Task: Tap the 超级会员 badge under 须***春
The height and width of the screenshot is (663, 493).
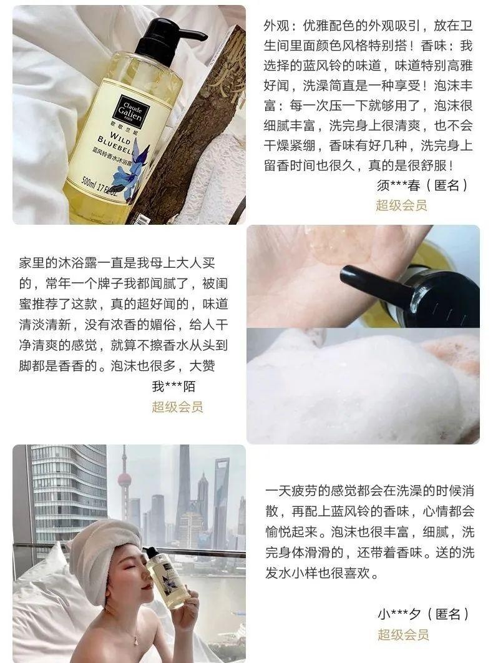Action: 401,205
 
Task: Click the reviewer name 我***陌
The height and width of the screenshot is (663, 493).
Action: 173,386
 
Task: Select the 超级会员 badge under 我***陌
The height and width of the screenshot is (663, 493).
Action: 177,407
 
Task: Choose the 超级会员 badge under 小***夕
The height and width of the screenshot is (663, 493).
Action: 403,636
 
